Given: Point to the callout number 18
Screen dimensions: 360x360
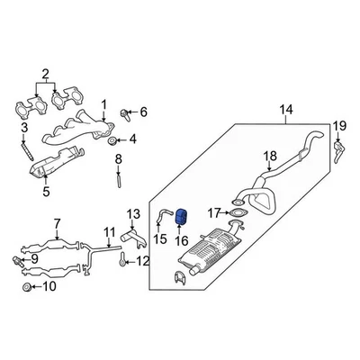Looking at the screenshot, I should (x=269, y=157).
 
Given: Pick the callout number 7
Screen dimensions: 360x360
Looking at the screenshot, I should (x=56, y=222).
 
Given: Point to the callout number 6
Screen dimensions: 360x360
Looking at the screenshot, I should (x=141, y=112).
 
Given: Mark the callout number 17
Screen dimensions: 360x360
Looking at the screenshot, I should (x=212, y=213).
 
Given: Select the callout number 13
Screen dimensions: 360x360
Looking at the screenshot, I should (x=131, y=213).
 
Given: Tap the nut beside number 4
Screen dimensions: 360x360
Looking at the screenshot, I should (x=111, y=140).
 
